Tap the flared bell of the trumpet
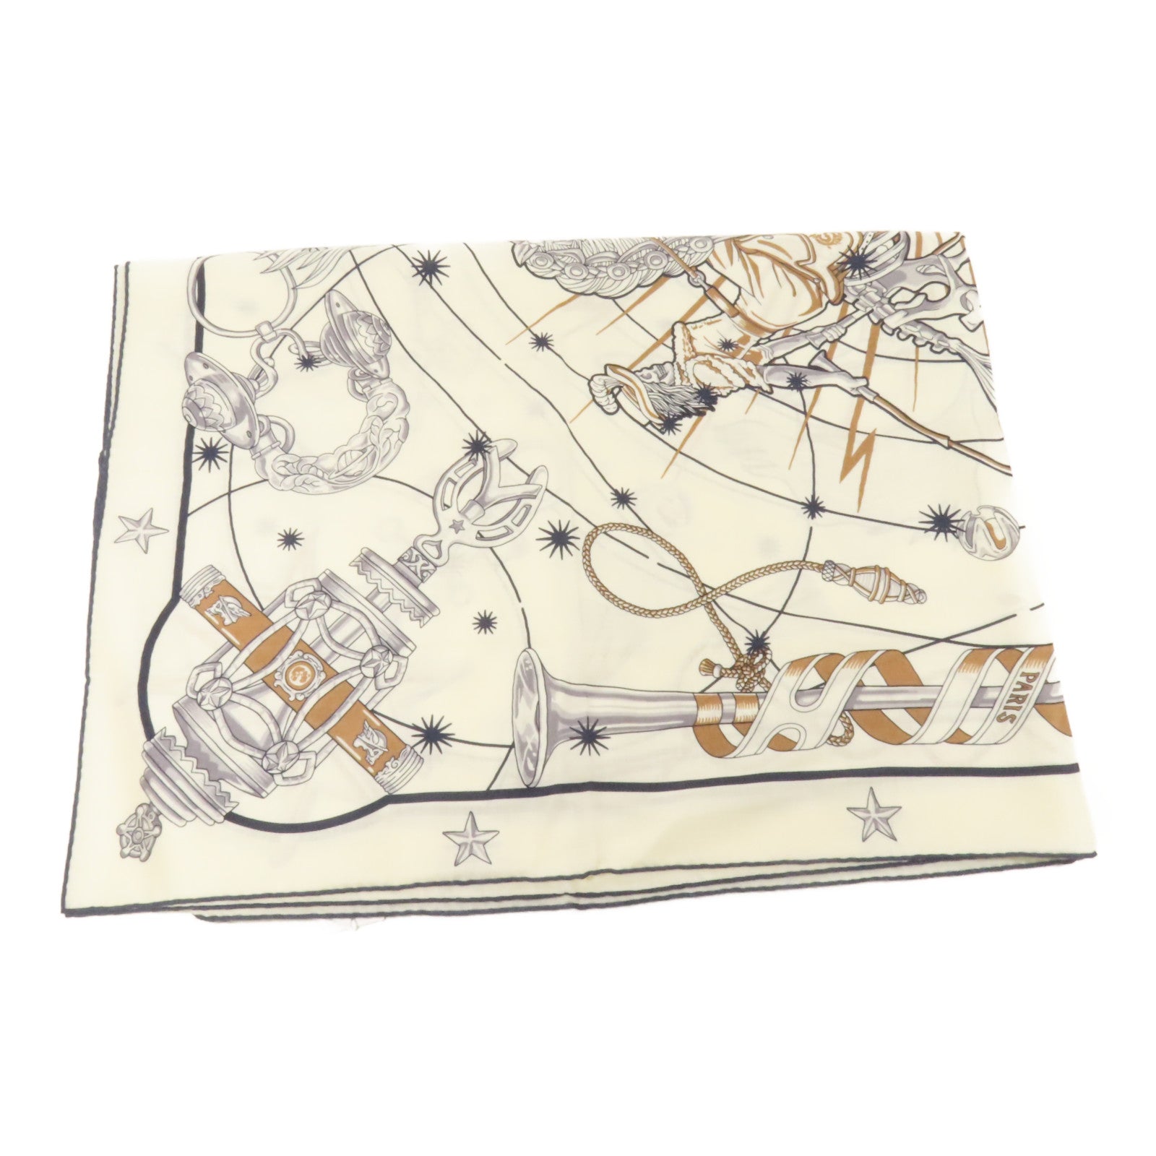(x=538, y=690)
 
